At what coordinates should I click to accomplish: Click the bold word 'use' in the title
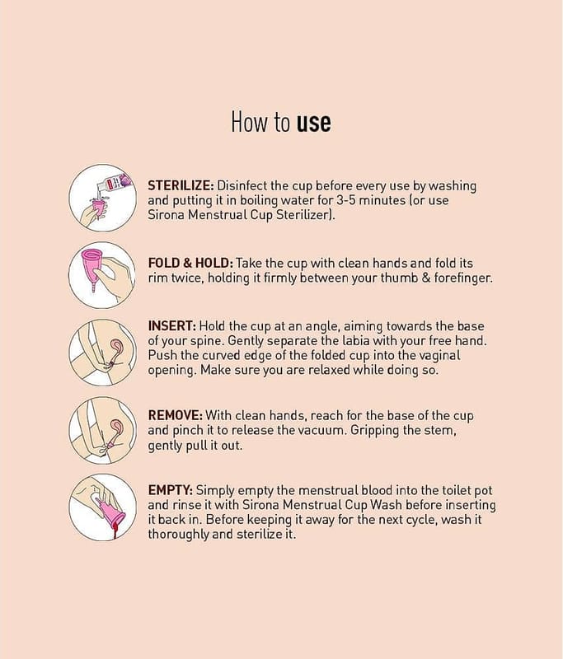314,122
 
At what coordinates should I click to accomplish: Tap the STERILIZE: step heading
181,185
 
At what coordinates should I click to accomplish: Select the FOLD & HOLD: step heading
190,263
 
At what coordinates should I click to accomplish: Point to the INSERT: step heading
172,325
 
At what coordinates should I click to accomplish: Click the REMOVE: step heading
176,415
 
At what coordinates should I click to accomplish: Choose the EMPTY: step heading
171,490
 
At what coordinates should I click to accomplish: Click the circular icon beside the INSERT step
102,353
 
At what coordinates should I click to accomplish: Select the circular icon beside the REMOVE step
102,430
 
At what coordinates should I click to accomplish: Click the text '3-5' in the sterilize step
346,200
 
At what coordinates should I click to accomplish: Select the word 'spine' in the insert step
208,341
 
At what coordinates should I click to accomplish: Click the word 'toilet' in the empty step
456,490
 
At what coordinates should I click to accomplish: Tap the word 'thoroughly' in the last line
178,534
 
